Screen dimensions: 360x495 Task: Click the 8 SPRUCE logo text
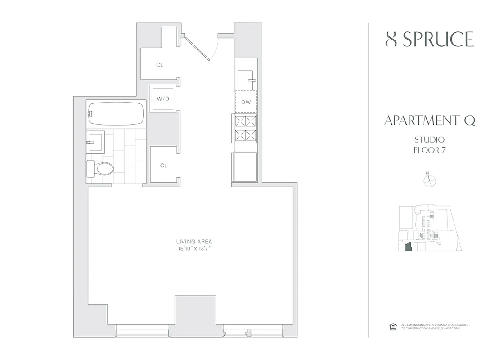coord(430,40)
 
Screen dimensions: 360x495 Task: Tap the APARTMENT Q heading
coord(430,121)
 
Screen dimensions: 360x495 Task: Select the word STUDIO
coord(430,140)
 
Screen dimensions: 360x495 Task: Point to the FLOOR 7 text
coord(430,150)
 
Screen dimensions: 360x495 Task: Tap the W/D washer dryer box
coord(163,98)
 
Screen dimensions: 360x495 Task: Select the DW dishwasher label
coord(246,103)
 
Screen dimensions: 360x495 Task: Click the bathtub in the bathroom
coord(117,113)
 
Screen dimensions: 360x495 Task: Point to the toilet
coord(100,168)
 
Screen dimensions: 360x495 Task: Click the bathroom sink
coord(96,141)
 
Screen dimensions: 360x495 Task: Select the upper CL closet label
coord(160,65)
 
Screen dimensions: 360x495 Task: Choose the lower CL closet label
coord(164,166)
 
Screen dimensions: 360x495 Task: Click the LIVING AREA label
coord(194,242)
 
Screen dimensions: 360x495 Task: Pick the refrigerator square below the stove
coord(244,167)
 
